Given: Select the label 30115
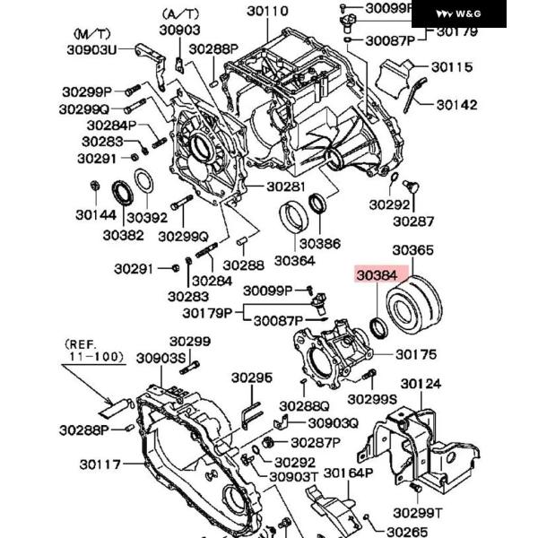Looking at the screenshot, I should (451, 67).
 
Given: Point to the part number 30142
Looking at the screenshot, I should (458, 104).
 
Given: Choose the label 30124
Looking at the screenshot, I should (421, 386).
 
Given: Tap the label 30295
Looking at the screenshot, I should (253, 378).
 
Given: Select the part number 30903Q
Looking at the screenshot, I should (333, 423).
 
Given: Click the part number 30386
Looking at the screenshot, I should (320, 243).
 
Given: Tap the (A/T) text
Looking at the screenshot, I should (180, 13).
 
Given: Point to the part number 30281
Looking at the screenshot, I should (286, 187).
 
